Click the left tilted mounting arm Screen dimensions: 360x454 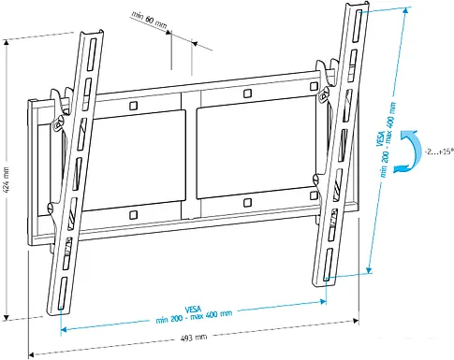point(74,178)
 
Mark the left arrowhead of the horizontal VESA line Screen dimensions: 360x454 point(64,329)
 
